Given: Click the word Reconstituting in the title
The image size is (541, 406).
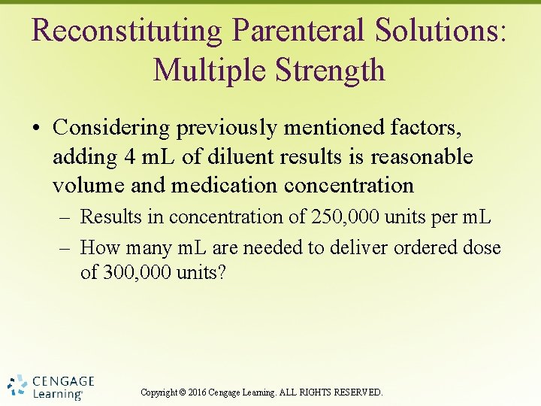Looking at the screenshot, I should [127, 30].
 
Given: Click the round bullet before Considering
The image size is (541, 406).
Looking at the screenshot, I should [38, 129].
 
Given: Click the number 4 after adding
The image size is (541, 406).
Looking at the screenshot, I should [124, 157].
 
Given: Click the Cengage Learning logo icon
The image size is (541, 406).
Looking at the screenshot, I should [18, 384].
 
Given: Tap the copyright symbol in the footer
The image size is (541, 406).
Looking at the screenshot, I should [182, 392].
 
